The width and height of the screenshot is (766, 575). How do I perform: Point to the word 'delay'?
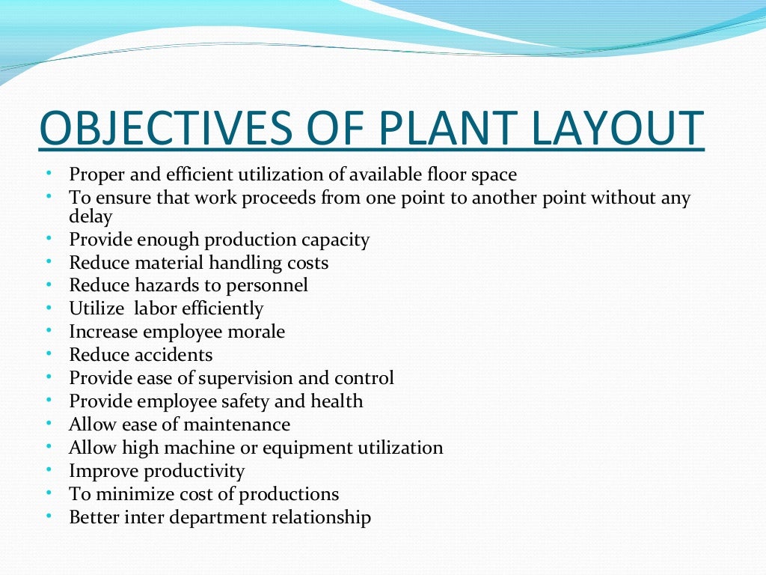[91, 216]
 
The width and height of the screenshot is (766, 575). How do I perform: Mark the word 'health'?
[336, 401]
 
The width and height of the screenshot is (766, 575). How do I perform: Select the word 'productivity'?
[194, 472]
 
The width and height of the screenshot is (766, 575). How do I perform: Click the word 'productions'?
[292, 494]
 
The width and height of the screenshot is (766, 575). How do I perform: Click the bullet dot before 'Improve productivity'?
[49, 470]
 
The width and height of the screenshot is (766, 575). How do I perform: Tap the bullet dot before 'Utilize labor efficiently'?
[49, 307]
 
